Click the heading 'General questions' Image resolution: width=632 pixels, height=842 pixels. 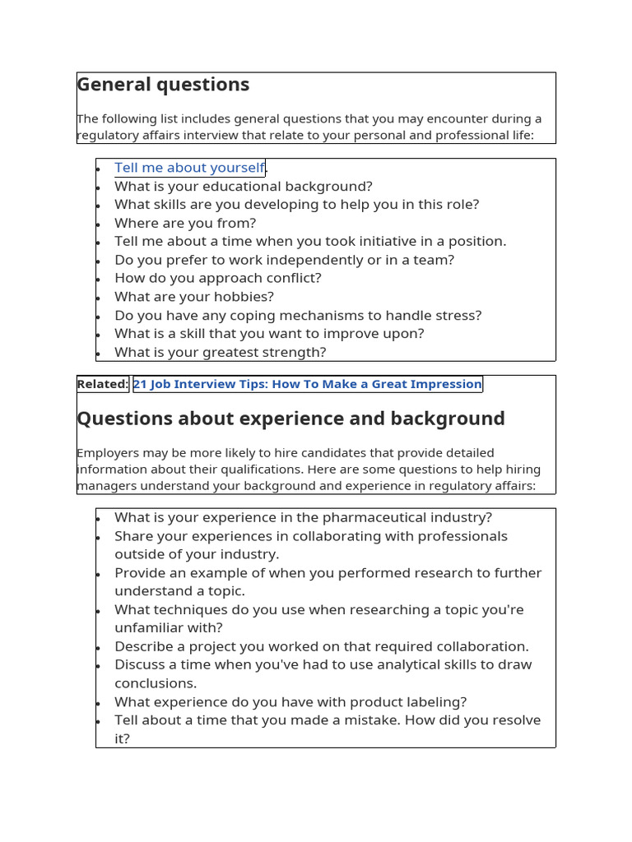pos(163,85)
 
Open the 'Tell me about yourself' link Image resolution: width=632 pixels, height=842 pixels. pos(189,168)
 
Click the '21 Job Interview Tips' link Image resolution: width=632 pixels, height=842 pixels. pos(307,384)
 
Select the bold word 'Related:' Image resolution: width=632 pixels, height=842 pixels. pos(103,384)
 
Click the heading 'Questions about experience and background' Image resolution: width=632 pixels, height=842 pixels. pos(290,419)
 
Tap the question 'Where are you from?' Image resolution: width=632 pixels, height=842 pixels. pos(185,223)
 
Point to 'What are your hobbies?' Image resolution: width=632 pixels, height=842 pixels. pos(194,297)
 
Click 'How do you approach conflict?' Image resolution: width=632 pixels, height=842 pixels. pos(218,278)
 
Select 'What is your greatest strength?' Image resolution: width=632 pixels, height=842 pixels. pos(221,352)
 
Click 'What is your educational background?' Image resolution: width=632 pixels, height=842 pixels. pos(244,186)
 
